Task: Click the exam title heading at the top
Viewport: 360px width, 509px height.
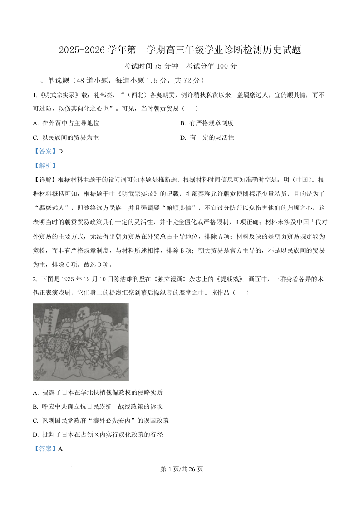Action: coord(180,50)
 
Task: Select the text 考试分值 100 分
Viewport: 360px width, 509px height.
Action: coord(212,66)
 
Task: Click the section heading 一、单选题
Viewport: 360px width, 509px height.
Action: coord(51,81)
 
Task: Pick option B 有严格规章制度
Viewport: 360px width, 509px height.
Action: coord(207,123)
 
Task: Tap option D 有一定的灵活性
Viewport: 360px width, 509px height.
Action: coord(207,137)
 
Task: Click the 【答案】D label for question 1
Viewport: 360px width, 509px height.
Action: coord(48,152)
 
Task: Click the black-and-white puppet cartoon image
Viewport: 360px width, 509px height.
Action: coord(81,342)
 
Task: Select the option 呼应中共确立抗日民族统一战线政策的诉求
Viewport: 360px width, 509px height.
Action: coord(98,406)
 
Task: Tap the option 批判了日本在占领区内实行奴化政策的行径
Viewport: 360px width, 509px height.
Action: coord(98,435)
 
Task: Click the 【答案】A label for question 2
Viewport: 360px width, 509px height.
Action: coord(48,449)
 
